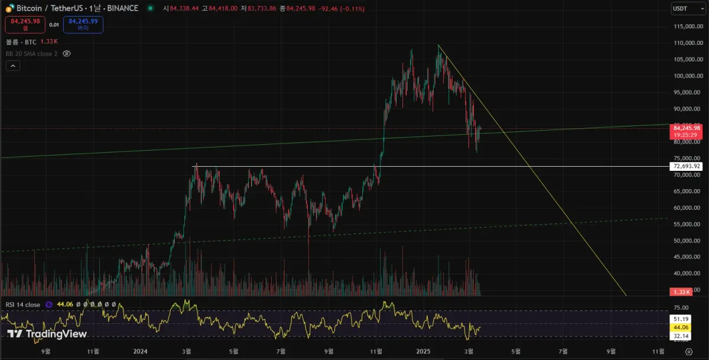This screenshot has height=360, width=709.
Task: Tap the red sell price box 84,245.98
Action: [25, 24]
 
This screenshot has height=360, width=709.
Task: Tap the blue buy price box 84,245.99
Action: [83, 24]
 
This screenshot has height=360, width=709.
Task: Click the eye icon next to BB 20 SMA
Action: [67, 53]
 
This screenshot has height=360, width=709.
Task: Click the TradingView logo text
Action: [47, 334]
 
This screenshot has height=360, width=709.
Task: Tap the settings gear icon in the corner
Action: [688, 351]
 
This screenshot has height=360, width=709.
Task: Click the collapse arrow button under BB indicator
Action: [13, 66]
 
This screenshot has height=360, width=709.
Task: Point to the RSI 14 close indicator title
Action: [23, 304]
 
